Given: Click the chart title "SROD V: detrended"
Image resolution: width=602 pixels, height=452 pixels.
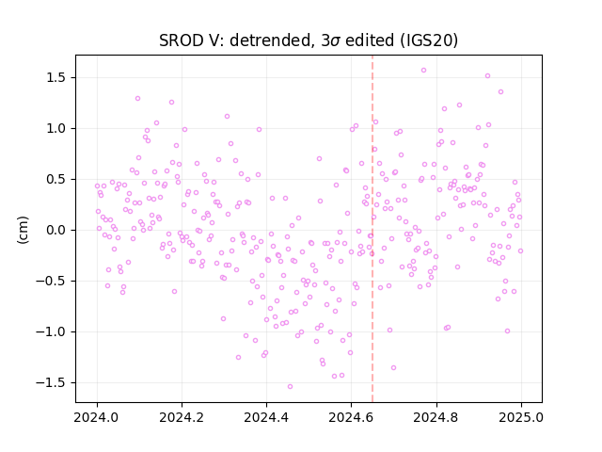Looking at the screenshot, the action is coord(234,40).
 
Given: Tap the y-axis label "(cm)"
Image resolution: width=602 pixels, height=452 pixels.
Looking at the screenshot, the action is coord(23,230).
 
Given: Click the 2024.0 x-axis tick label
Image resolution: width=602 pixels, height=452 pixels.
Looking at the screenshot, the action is coord(97,417).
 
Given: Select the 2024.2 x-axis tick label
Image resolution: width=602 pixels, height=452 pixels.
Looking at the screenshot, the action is coord(182,417).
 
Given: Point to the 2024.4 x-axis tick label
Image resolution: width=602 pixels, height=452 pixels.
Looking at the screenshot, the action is coord(266,417).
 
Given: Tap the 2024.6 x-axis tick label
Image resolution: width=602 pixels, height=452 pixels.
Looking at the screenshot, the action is coord(351,417).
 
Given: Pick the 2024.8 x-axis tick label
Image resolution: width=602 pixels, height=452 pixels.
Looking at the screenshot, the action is coord(436,417).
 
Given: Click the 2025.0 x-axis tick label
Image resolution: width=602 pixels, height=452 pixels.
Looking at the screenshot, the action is coord(521,417).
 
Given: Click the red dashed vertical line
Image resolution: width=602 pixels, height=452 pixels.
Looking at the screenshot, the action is coord(372,229).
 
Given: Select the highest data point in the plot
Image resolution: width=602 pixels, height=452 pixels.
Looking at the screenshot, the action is coord(424,71).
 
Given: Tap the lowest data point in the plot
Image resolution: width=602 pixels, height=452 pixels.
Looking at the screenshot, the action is coord(291,387).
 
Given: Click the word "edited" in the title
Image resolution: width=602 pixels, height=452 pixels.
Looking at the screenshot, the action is coord(370,40).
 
